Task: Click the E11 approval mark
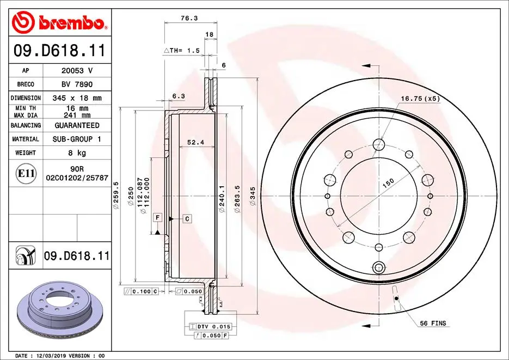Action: coord(26,174)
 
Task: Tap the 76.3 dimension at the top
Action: coord(189,18)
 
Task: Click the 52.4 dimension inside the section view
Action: coord(195,142)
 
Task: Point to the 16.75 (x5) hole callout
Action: coord(420,99)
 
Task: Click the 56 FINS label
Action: coord(433,324)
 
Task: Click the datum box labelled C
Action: coord(187,218)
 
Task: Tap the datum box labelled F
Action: coord(157,218)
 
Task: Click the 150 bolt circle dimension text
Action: coord(387,184)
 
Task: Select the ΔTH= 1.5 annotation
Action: coord(182,50)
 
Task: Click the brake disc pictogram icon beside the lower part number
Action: coord(26,255)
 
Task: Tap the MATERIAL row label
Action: coord(26,139)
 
